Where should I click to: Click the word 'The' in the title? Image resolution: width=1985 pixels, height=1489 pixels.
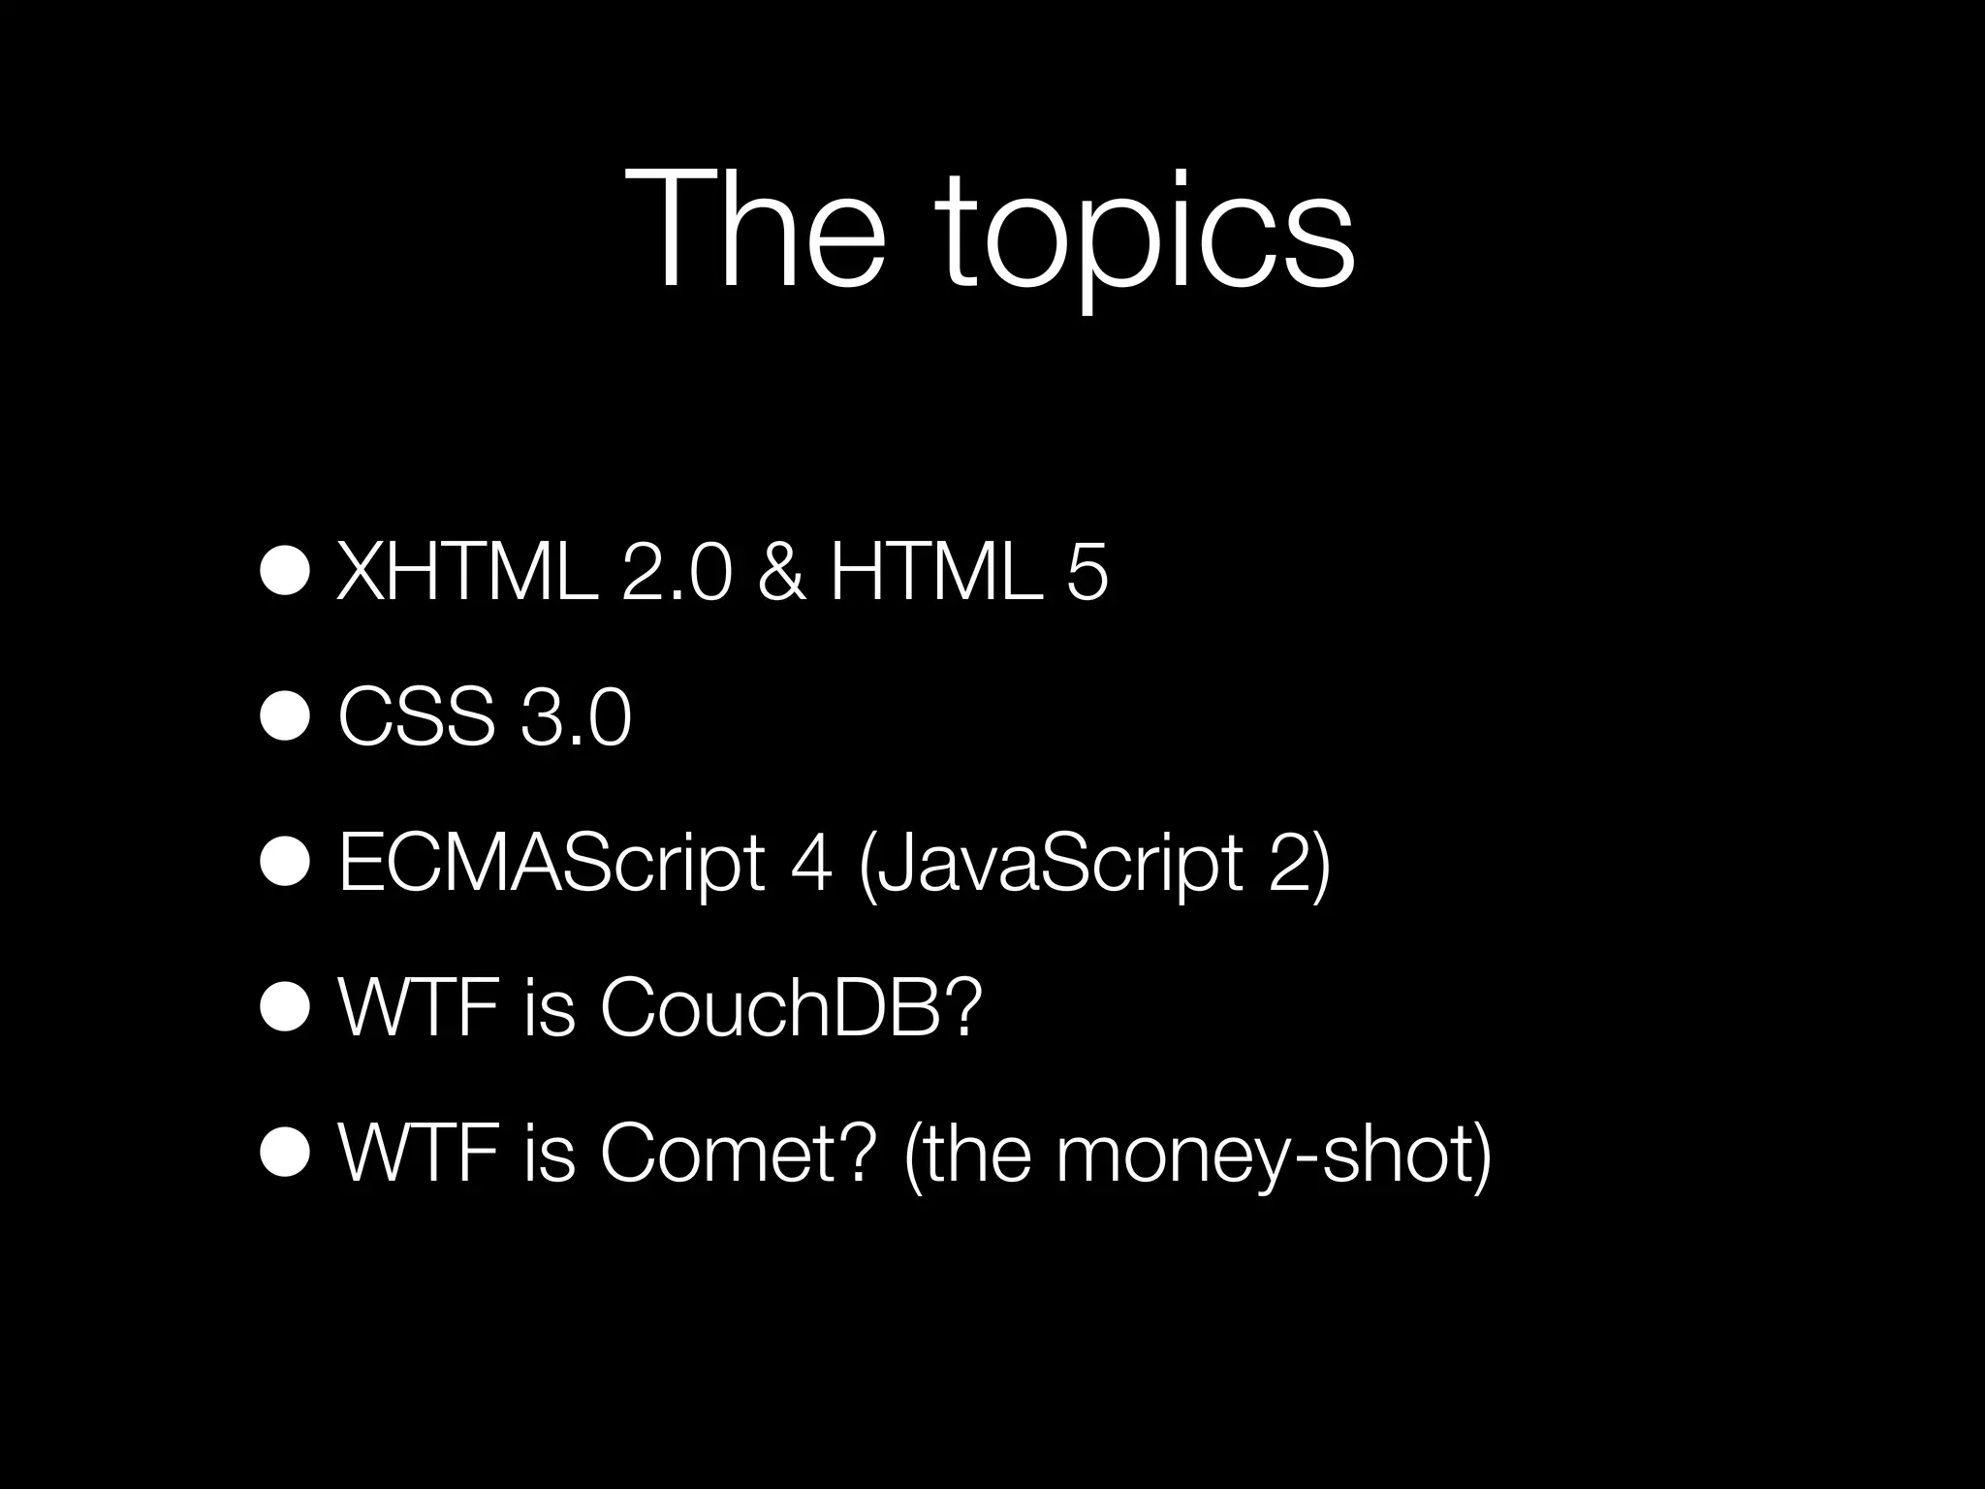(x=755, y=230)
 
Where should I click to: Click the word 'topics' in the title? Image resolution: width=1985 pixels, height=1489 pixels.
(x=1144, y=238)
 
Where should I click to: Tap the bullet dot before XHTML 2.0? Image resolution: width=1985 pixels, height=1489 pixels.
(x=285, y=574)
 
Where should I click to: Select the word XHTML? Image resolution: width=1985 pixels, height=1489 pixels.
(x=466, y=574)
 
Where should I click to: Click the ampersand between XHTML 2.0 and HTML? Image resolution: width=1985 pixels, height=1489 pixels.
(x=781, y=574)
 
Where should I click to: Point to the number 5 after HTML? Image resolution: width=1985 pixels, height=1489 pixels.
(x=1087, y=574)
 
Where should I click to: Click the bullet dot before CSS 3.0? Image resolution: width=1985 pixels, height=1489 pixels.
(x=285, y=718)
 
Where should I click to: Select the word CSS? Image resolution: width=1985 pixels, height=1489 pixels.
(x=416, y=718)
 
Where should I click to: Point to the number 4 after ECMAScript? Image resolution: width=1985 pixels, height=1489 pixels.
(x=811, y=864)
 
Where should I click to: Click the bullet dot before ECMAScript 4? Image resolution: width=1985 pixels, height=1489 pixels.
(x=285, y=864)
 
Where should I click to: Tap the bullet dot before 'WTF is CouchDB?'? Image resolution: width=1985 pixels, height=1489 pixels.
(x=285, y=1008)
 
